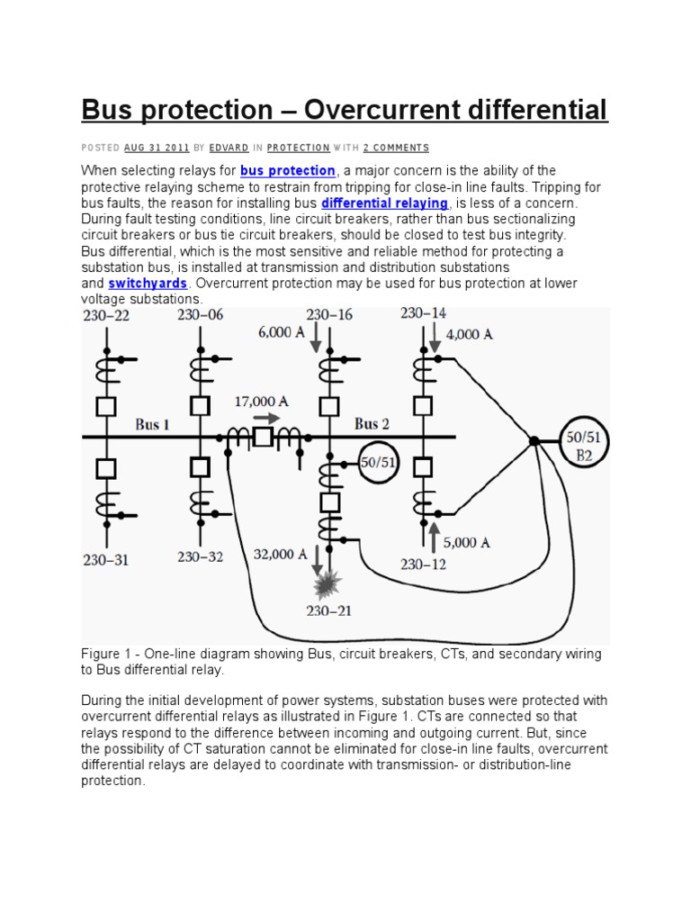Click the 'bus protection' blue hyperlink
[x=288, y=171]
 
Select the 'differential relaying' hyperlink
[x=384, y=203]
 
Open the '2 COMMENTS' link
[x=396, y=148]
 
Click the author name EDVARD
[x=229, y=148]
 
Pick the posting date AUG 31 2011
[x=157, y=148]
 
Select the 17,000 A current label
[x=261, y=401]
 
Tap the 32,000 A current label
[x=274, y=555]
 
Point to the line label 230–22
[x=105, y=315]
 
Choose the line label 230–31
[x=106, y=559]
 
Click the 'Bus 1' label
[x=153, y=424]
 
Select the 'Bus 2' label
[x=372, y=423]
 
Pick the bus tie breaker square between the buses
[x=263, y=438]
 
